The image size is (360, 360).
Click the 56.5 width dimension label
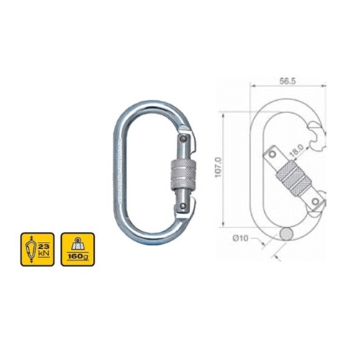[x=287, y=81]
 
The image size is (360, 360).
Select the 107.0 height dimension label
[x=218, y=168]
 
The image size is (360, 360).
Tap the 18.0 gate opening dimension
[x=297, y=150]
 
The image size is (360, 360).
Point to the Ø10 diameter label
[x=240, y=238]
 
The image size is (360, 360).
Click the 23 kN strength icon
[x=37, y=249]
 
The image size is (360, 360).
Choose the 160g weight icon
[x=78, y=249]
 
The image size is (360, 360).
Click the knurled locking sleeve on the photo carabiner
[x=184, y=174]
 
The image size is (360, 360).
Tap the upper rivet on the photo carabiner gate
[x=184, y=138]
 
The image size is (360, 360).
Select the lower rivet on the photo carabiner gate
[x=183, y=206]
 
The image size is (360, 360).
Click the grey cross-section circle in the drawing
[x=287, y=233]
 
